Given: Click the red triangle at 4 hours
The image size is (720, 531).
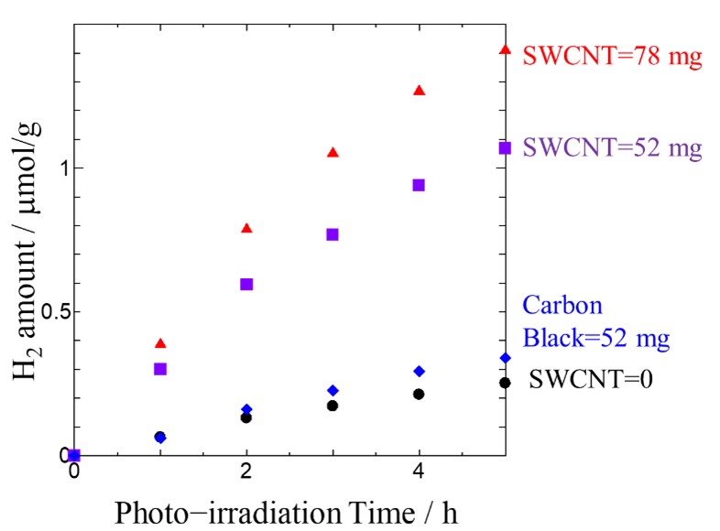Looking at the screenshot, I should pos(419,91).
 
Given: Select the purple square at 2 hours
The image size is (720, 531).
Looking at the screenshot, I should pos(246,284).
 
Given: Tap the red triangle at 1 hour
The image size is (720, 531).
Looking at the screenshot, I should pos(160,343).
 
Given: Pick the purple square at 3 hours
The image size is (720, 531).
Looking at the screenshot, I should pos(333,234).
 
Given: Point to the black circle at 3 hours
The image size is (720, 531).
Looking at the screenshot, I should pos(333,406).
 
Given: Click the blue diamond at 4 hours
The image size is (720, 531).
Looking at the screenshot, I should pos(419,371).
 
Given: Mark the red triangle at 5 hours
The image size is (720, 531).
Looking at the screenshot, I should pos(505,49).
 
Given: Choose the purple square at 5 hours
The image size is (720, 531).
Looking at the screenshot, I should pos(505,147).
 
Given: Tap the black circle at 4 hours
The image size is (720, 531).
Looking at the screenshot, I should pos(419,394).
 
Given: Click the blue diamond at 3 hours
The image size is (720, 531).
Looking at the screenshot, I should pos(333,390).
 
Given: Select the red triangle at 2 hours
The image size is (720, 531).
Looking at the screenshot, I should pos(246,228).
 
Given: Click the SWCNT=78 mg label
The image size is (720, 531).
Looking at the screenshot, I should pos(612,57).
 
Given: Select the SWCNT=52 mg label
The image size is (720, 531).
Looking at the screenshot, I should pos(612,147).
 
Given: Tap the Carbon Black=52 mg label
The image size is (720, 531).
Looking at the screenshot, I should pos(595,322).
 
